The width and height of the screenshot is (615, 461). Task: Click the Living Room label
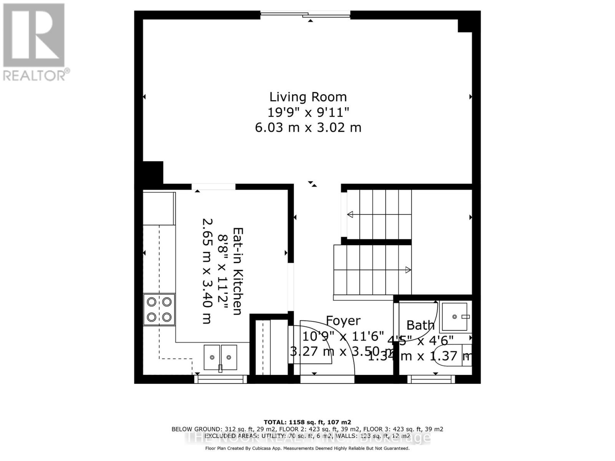[x=308, y=97]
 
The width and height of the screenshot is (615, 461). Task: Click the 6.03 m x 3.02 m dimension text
[x=308, y=127]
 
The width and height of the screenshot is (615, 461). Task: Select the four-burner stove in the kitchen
[x=159, y=310]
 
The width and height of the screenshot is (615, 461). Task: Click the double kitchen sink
[x=220, y=357]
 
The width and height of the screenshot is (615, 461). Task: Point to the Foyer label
[x=343, y=321]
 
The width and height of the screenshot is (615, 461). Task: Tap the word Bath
[x=421, y=325]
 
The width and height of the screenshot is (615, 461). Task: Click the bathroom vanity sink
[x=455, y=317]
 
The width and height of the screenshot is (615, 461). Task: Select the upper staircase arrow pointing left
[x=351, y=214]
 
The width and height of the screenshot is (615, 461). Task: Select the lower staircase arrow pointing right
[x=408, y=270]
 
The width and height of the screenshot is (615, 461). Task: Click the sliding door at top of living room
[x=306, y=15]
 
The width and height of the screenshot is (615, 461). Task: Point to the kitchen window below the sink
[x=221, y=379]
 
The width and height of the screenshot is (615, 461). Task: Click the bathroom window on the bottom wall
[x=431, y=379]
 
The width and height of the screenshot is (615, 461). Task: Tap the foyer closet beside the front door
[x=269, y=348]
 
